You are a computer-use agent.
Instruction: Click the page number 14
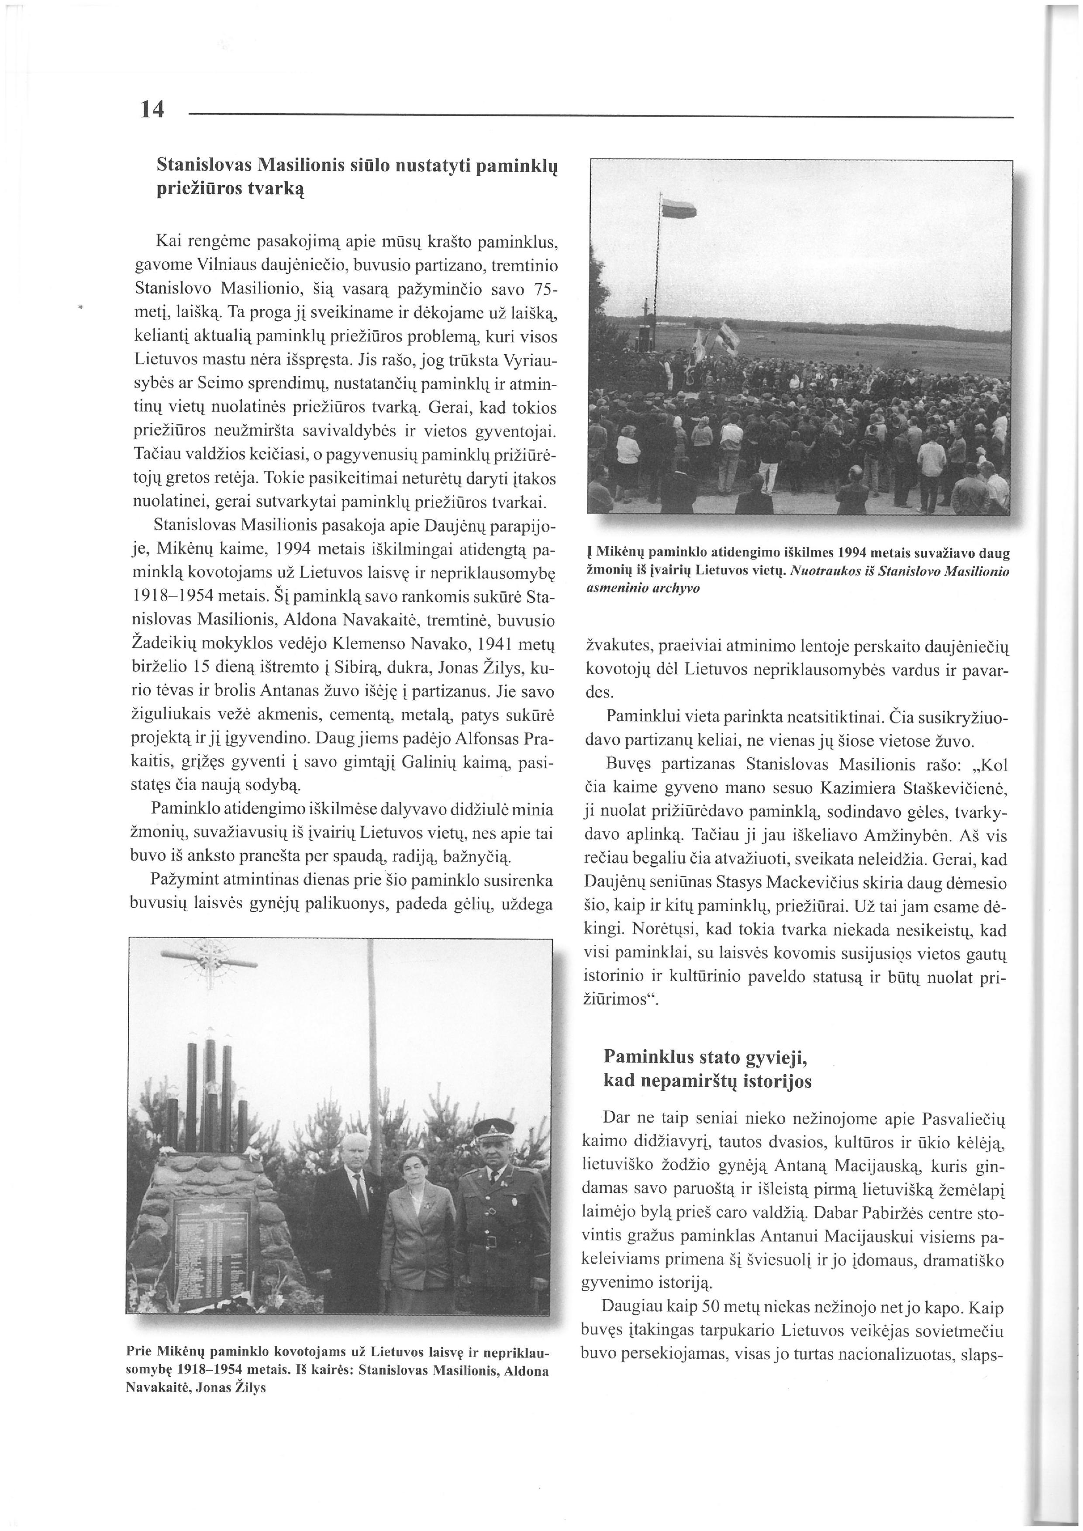152,109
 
